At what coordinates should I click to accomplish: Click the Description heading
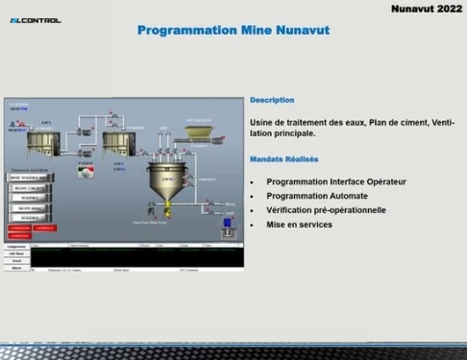tap(272, 100)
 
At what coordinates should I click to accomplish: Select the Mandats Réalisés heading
tap(283, 159)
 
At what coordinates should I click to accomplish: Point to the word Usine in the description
tap(261, 122)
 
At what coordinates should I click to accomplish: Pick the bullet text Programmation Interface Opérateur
tap(336, 180)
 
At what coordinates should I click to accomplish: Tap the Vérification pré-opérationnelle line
tap(326, 209)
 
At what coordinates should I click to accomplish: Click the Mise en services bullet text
tap(299, 224)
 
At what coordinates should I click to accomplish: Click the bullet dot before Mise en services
tap(252, 225)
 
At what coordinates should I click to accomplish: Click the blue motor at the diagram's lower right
tap(228, 223)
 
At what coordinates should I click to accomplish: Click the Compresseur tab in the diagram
tap(16, 247)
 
